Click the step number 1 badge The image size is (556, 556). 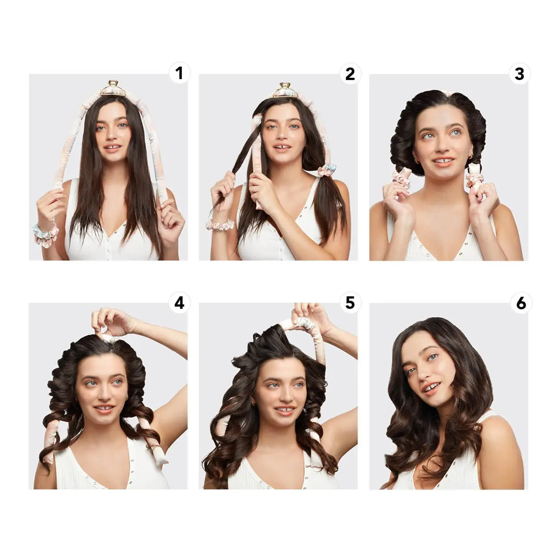coord(179,74)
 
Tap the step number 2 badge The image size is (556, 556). coord(350,74)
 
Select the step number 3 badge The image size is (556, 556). coord(520,74)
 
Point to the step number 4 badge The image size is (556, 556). coord(179,303)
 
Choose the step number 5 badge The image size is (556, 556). coord(350,303)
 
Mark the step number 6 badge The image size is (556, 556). coord(521,303)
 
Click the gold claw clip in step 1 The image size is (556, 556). coord(113,88)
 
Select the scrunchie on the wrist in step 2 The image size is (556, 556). coord(220,225)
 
